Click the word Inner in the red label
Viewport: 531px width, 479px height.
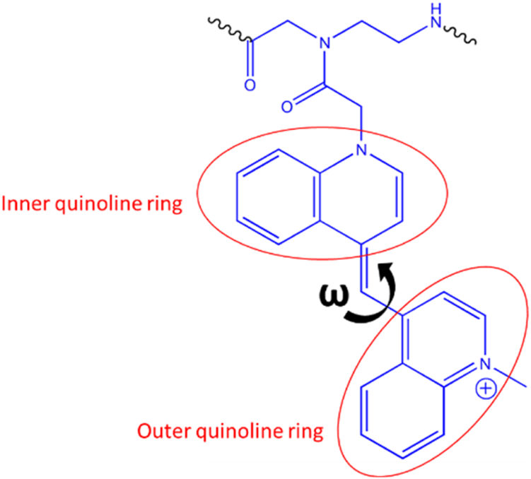pyautogui.click(x=20, y=204)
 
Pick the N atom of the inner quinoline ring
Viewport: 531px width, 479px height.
pyautogui.click(x=361, y=150)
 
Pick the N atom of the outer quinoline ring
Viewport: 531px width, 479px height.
pyautogui.click(x=484, y=365)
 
